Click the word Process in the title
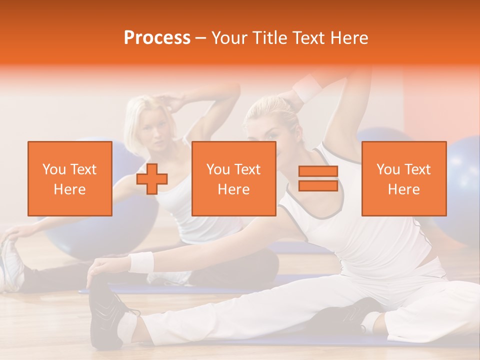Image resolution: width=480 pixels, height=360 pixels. point(157,38)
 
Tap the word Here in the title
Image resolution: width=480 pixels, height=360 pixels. point(348,38)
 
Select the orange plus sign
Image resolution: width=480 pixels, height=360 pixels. point(152,179)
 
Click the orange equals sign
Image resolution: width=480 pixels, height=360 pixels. point(318,178)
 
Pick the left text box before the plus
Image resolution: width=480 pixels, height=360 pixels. point(69,178)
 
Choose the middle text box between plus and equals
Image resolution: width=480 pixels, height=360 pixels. point(233,178)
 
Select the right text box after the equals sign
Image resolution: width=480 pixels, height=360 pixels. point(403,178)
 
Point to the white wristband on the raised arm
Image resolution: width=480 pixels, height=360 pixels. point(307,87)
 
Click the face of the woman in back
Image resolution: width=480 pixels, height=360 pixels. point(153,135)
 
